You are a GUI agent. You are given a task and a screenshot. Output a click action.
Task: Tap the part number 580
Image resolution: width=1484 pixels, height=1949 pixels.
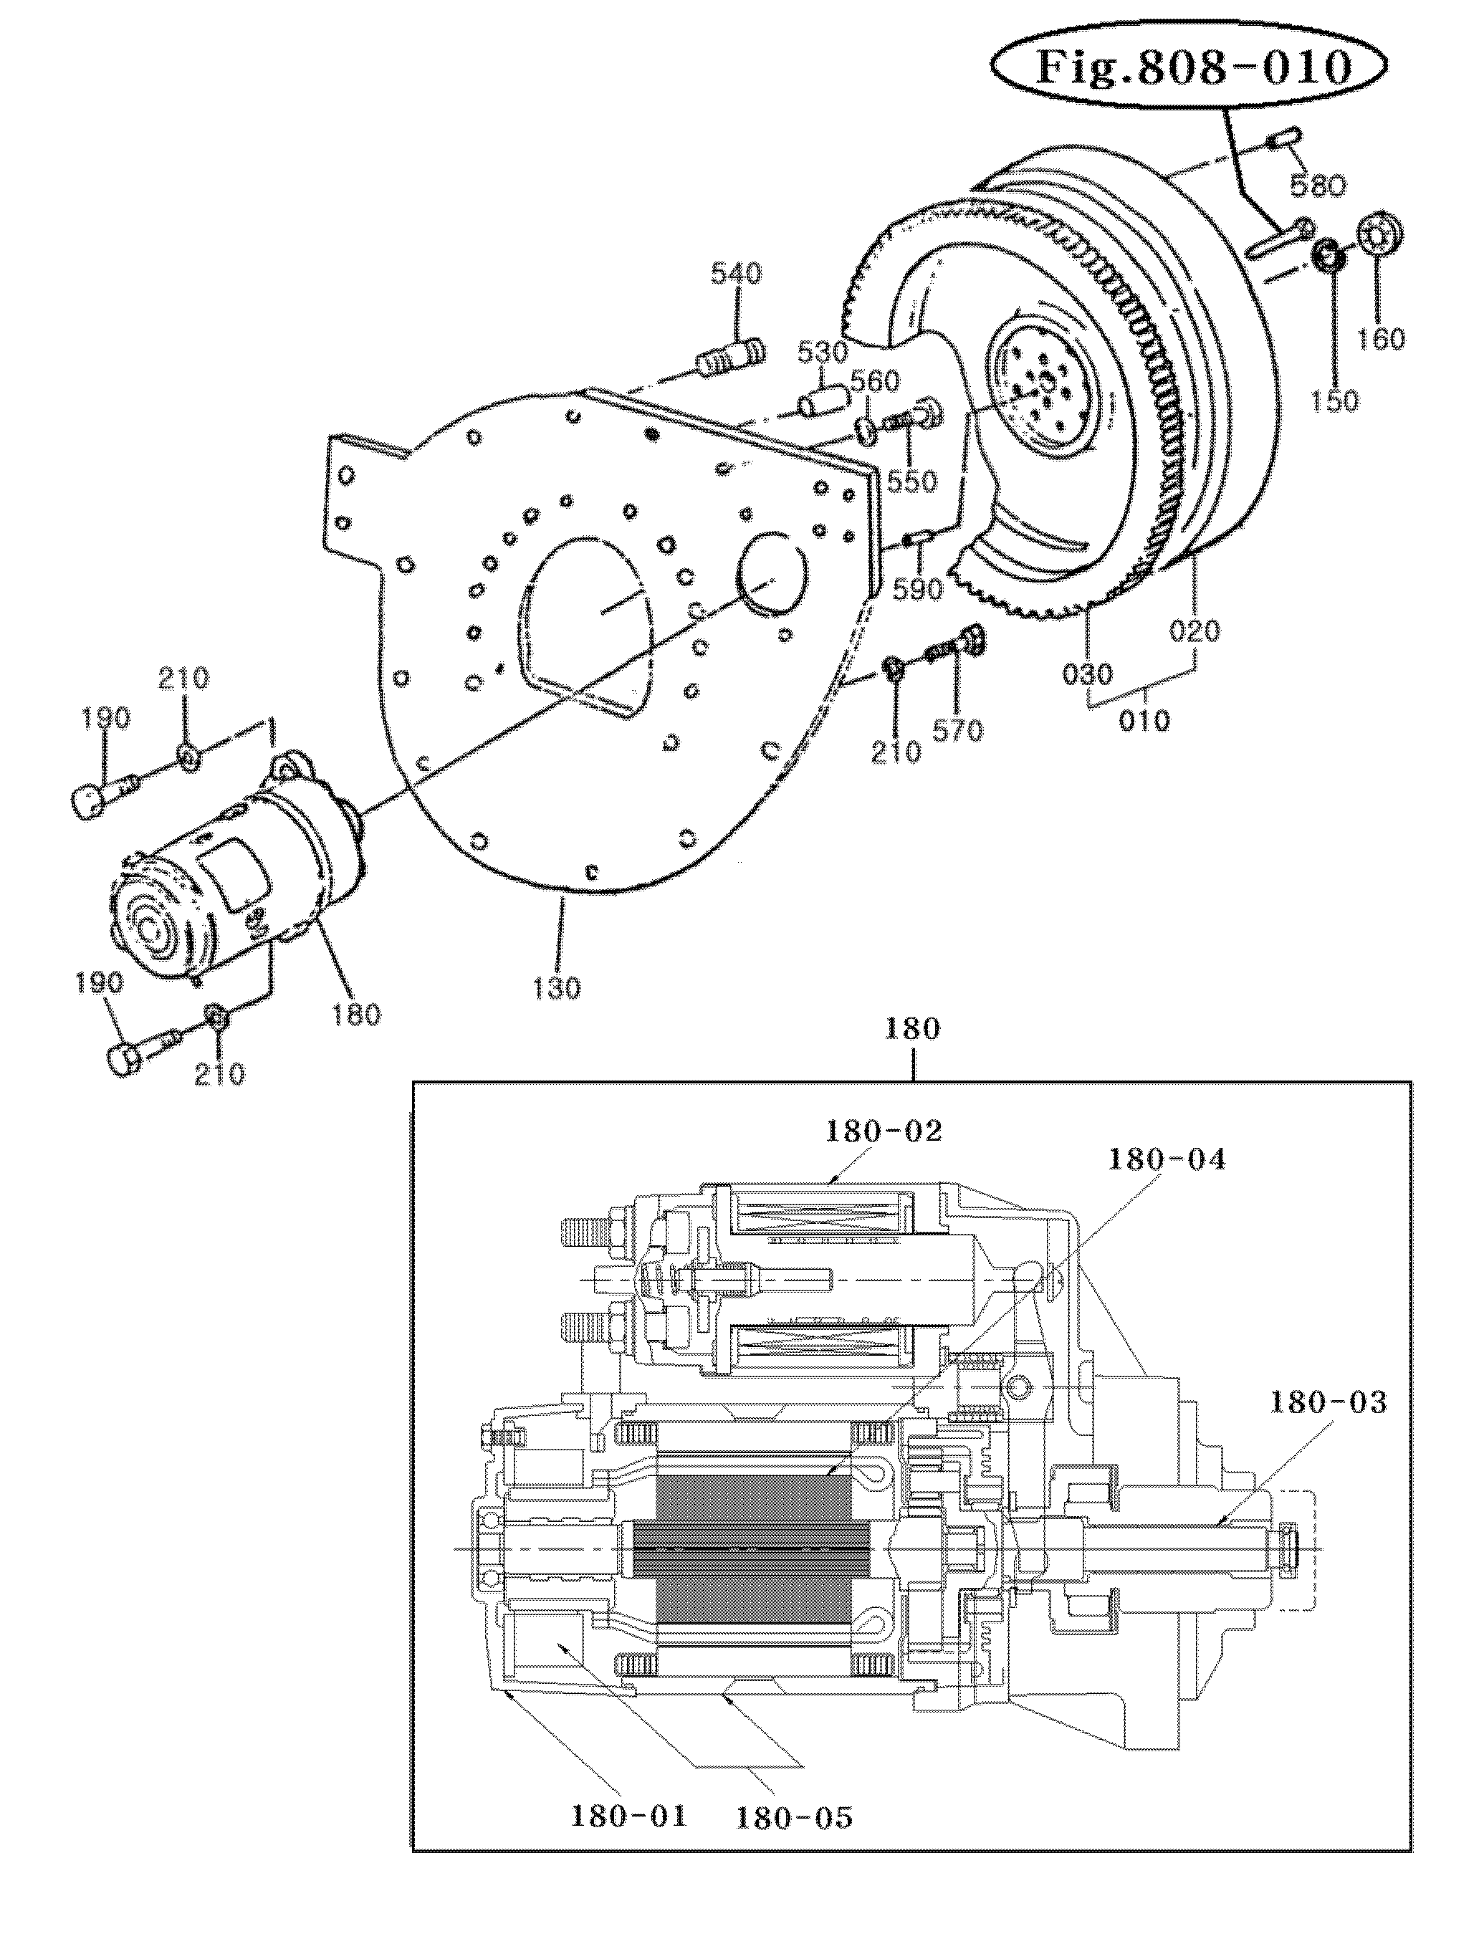(1316, 186)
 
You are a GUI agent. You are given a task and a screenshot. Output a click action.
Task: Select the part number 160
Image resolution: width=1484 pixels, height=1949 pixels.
(1381, 338)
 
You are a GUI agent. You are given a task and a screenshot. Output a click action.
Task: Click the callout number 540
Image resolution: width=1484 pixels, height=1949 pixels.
(737, 274)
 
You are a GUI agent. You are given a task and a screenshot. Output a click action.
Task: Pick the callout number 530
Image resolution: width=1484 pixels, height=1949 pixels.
(823, 353)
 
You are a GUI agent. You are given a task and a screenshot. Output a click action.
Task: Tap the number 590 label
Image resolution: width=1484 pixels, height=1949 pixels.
(918, 589)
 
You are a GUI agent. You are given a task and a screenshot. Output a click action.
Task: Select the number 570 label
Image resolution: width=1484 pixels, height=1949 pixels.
(959, 730)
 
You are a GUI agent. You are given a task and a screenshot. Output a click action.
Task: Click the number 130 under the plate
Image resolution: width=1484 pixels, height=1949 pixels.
(557, 987)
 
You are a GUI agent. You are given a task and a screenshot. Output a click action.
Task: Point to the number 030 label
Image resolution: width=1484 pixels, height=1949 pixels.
(1088, 675)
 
